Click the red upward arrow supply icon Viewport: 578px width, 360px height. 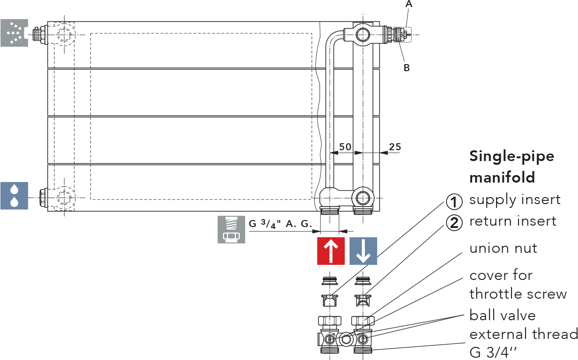331,251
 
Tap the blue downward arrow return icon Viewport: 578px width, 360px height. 363,251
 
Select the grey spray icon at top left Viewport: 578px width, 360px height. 14,33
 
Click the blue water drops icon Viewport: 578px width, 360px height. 14,196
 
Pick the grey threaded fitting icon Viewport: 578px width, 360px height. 231,229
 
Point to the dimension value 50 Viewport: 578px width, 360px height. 345,147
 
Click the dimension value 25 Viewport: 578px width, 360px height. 395,147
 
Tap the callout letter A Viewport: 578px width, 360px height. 409,4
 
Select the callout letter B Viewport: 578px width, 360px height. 407,68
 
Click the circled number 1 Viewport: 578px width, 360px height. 454,202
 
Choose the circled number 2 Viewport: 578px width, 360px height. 454,223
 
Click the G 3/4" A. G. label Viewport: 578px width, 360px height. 281,224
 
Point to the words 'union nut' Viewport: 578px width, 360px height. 503,248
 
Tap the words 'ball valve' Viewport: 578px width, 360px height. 503,316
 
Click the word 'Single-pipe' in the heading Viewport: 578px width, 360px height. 511,156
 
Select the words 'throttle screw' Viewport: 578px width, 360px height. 518,294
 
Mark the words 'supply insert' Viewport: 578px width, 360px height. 515,200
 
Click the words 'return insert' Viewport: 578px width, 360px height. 513,221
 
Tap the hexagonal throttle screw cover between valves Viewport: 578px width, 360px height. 346,339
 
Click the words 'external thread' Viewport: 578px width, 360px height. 524,334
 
